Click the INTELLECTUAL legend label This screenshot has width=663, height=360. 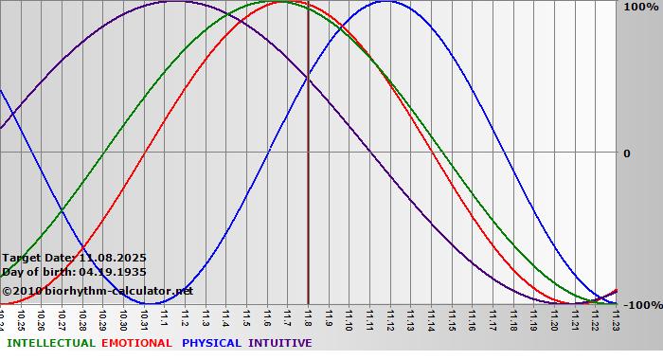pyautogui.click(x=51, y=343)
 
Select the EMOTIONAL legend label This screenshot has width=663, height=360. pyautogui.click(x=136, y=343)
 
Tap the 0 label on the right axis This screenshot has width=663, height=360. pyautogui.click(x=626, y=153)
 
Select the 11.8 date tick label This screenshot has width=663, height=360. pyautogui.click(x=308, y=315)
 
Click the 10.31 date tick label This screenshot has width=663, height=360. pyautogui.click(x=144, y=317)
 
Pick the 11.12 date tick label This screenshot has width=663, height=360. pyautogui.click(x=390, y=317)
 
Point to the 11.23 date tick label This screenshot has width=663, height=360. pyautogui.click(x=616, y=317)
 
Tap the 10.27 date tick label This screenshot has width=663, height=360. pyautogui.click(x=62, y=317)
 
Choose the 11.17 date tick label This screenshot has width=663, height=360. pyautogui.click(x=493, y=317)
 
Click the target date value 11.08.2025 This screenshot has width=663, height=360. pyautogui.click(x=113, y=258)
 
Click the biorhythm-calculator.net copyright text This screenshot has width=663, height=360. pyautogui.click(x=104, y=291)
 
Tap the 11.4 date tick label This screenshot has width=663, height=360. pyautogui.click(x=226, y=315)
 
